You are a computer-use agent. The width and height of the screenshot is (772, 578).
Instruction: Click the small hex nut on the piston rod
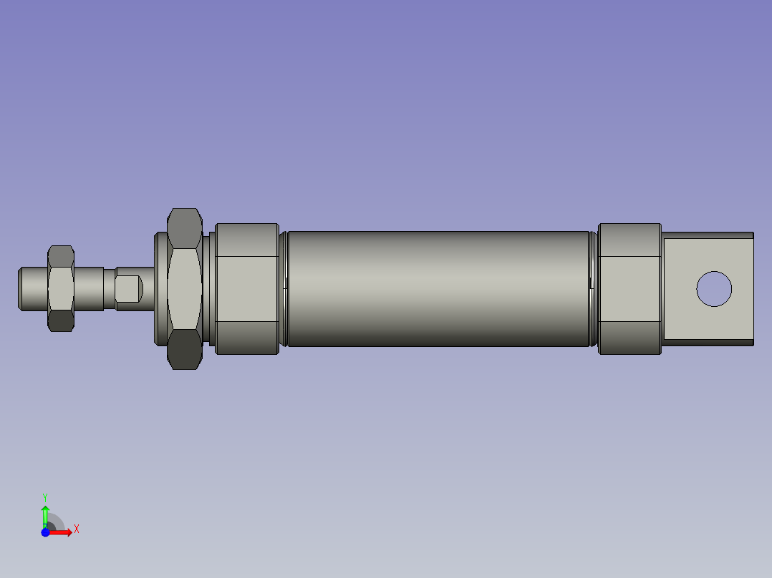point(61,288)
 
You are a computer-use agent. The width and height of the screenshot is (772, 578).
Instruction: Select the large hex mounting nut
point(185,288)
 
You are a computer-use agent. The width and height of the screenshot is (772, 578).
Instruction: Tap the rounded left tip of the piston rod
point(24,288)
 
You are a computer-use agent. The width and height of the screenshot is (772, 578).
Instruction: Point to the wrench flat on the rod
point(128,288)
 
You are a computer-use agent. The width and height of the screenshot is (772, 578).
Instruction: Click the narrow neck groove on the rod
point(110,288)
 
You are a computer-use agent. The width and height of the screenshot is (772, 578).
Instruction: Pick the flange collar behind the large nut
point(160,288)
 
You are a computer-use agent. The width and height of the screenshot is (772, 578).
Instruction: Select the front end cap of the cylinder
point(247,288)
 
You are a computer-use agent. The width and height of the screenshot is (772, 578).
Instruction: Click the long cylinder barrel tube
point(438,288)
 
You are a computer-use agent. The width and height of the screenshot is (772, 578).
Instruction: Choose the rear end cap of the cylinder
point(629,288)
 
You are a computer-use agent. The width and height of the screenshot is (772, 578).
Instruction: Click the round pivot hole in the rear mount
point(714,289)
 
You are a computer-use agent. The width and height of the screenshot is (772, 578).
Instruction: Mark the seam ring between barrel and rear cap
point(593,288)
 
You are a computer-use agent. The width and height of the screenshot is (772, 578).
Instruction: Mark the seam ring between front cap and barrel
point(284,288)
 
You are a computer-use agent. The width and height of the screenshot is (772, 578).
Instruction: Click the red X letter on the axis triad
point(77,529)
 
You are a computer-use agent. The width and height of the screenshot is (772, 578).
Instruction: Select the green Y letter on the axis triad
point(44,496)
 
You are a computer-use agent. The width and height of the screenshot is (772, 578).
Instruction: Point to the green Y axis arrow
point(45,514)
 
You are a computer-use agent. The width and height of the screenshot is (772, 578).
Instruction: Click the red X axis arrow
point(62,532)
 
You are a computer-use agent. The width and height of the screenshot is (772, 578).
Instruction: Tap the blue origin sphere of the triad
point(45,532)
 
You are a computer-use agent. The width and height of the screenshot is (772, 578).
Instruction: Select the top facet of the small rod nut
point(61,254)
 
